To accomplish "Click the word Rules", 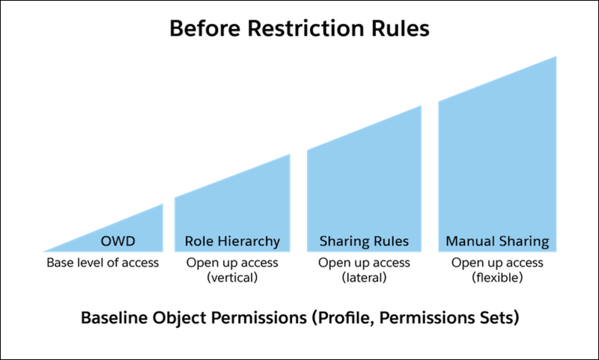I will pyautogui.click(x=390, y=242).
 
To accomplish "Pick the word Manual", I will pyautogui.click(x=466, y=242).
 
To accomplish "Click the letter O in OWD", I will pyautogui.click(x=106, y=242).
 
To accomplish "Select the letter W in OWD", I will pyautogui.click(x=120, y=242).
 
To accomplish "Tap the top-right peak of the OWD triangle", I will pyautogui.click(x=164, y=204).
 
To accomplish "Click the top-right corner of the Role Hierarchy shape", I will pyautogui.click(x=291, y=153).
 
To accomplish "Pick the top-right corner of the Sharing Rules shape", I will pyautogui.click(x=422, y=105).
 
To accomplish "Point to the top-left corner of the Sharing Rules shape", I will pyautogui.click(x=306, y=150).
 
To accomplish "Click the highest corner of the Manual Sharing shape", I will pyautogui.click(x=556, y=55).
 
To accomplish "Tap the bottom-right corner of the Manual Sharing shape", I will pyautogui.click(x=556, y=252).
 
